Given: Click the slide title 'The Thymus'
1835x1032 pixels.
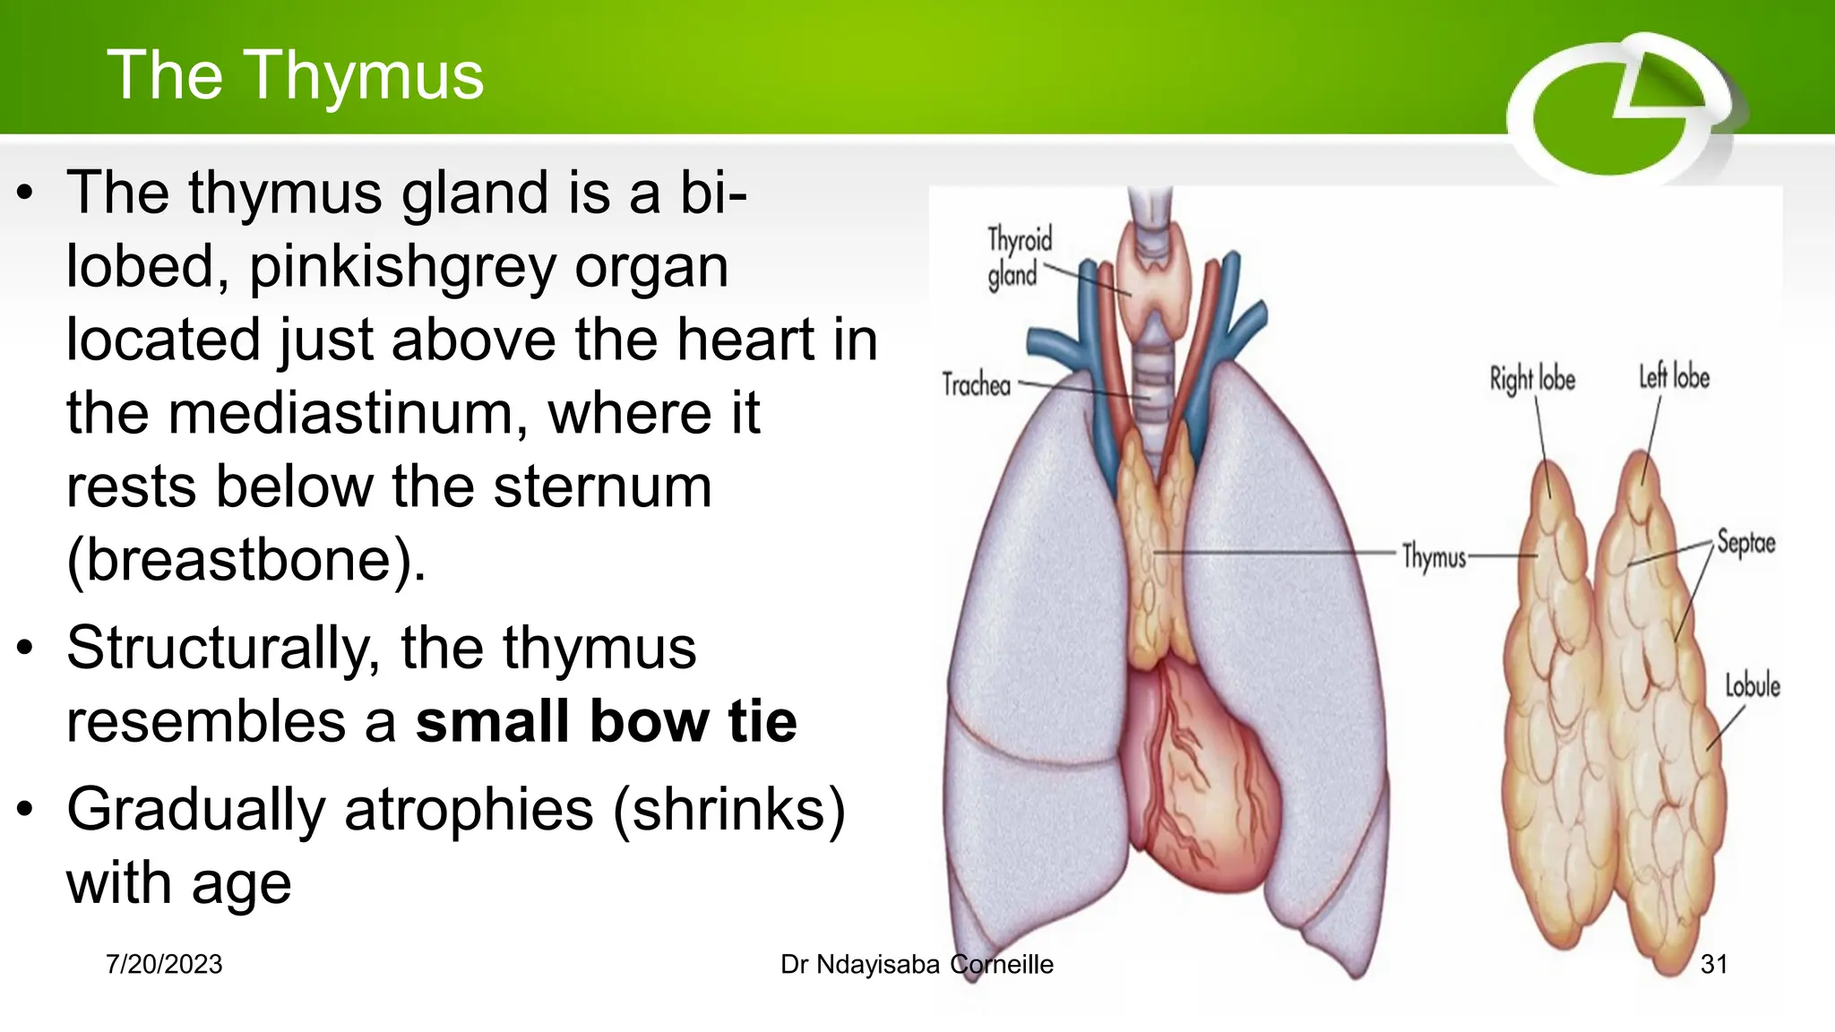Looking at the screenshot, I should coord(295,75).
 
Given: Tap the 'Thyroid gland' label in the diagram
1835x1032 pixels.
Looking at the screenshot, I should coord(1018,257).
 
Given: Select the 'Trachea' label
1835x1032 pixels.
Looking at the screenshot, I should coord(976,385).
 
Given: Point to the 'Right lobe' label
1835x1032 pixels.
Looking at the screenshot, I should coord(1532,379).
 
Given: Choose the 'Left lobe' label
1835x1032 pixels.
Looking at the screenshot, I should coord(1674,377).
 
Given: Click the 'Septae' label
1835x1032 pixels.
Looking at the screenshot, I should coord(1745,543).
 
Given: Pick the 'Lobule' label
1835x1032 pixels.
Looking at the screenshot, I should coord(1752,686).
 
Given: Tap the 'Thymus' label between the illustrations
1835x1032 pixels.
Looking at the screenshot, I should coord(1434,556).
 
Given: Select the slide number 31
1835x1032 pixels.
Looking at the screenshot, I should coord(1713,964).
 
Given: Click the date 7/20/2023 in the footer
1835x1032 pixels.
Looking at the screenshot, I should coord(164,964).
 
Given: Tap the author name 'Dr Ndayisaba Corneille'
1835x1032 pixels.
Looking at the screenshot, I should coord(917,964).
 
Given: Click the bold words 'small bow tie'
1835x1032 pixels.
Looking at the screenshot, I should coord(606,722).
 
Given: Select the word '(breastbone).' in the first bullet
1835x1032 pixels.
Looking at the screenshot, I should coord(246,561).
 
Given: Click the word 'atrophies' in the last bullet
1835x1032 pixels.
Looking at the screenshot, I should coord(469,810).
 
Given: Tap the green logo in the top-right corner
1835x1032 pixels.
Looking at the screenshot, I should coord(1622,112).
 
